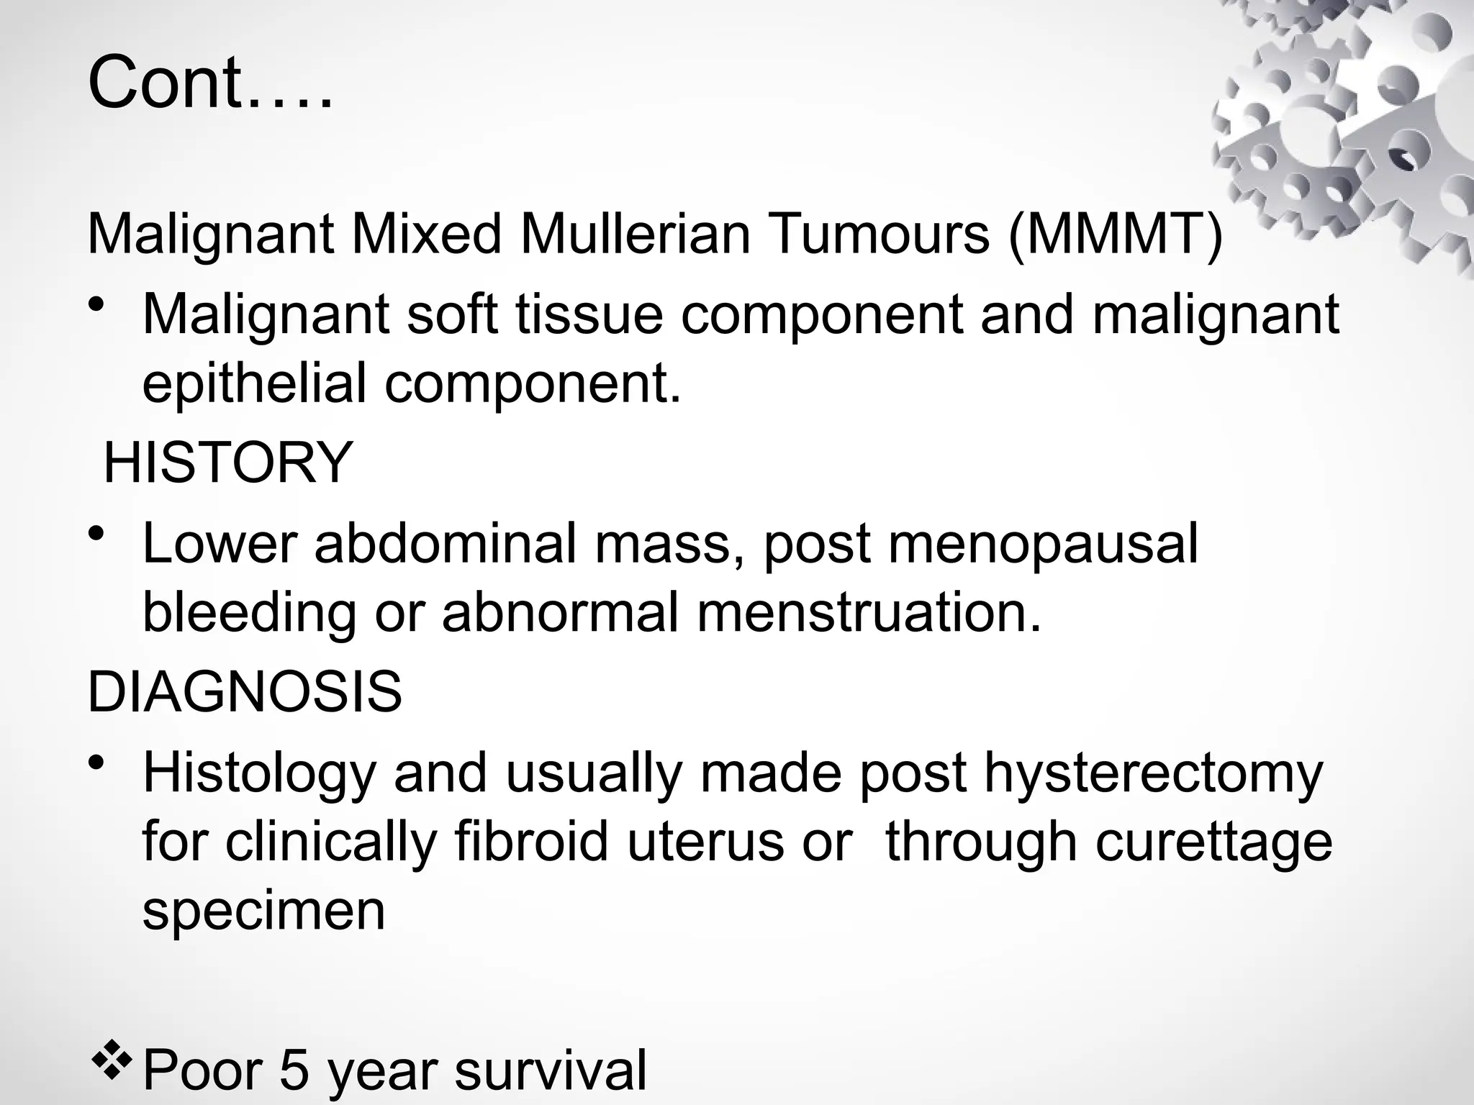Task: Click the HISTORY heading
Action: (x=228, y=463)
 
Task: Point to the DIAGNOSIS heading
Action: (x=245, y=691)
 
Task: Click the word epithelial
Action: (x=254, y=383)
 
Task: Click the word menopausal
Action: (x=1043, y=543)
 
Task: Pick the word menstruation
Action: (x=869, y=612)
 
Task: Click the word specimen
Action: (x=263, y=910)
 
